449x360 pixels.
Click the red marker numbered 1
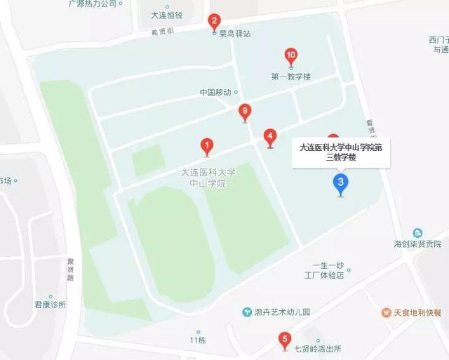click(207, 145)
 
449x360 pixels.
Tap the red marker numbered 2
click(215, 21)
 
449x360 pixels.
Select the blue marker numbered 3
click(340, 185)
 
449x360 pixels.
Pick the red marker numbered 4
click(270, 136)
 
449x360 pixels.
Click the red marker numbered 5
click(284, 341)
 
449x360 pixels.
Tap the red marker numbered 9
click(245, 110)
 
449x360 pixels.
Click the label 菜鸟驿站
click(234, 33)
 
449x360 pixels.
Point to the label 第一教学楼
click(290, 76)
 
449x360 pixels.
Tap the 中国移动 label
click(215, 92)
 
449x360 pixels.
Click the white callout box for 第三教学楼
click(341, 152)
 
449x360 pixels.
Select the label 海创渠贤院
click(417, 244)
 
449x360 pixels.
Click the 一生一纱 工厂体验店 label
click(329, 270)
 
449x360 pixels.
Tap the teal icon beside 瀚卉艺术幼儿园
click(247, 312)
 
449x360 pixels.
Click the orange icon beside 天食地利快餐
click(386, 312)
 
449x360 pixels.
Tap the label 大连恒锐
click(167, 15)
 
